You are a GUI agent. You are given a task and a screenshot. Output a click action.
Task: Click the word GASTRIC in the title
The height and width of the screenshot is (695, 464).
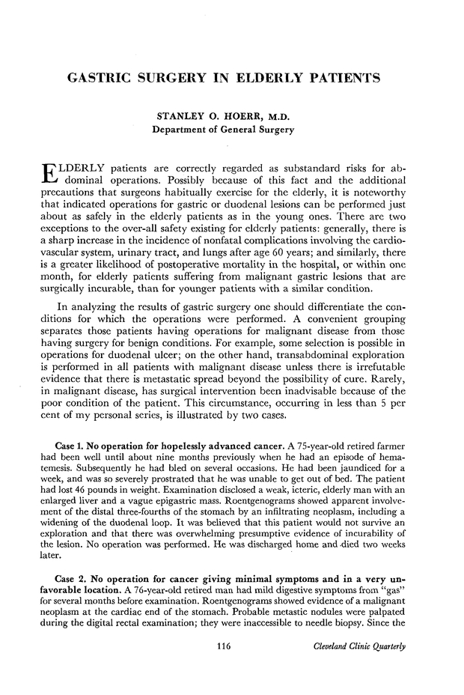coord(100,78)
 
